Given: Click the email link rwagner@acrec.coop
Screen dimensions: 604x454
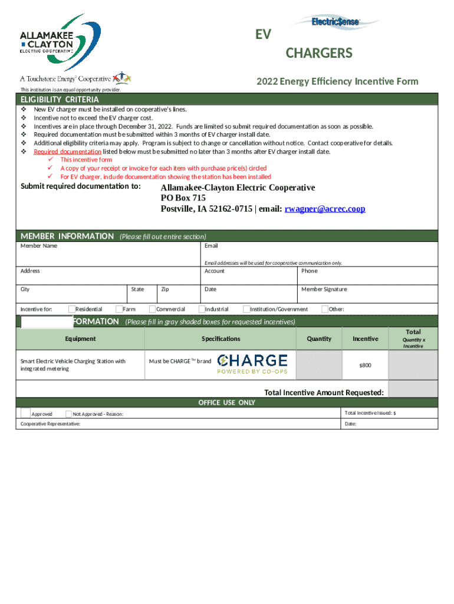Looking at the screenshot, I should click(325, 209).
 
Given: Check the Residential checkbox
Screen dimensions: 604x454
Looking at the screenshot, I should click(72, 309).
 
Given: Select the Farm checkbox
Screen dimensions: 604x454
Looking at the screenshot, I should click(119, 309).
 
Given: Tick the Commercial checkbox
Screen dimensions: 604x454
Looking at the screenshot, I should click(152, 309).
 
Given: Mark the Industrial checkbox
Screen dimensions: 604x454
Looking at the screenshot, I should click(202, 309).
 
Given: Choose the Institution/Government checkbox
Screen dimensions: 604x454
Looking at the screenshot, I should click(246, 309).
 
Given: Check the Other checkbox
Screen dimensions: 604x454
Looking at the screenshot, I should click(325, 309).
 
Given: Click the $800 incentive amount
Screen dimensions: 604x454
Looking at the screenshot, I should click(365, 366).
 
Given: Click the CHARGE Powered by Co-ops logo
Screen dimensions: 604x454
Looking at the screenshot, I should click(252, 364).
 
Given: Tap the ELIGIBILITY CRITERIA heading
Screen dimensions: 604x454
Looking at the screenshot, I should click(60, 99).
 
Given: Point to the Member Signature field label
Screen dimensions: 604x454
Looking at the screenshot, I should click(324, 290).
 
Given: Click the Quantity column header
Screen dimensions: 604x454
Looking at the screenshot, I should click(319, 339).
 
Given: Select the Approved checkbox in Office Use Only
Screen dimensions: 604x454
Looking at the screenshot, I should click(26, 413).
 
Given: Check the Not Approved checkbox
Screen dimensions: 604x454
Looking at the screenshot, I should click(69, 414).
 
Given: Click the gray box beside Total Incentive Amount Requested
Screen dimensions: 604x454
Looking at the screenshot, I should click(413, 389).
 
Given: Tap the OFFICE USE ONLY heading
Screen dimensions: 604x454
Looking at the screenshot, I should click(226, 402).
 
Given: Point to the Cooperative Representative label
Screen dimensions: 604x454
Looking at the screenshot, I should click(51, 424).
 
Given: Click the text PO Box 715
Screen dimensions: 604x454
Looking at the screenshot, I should click(183, 198).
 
